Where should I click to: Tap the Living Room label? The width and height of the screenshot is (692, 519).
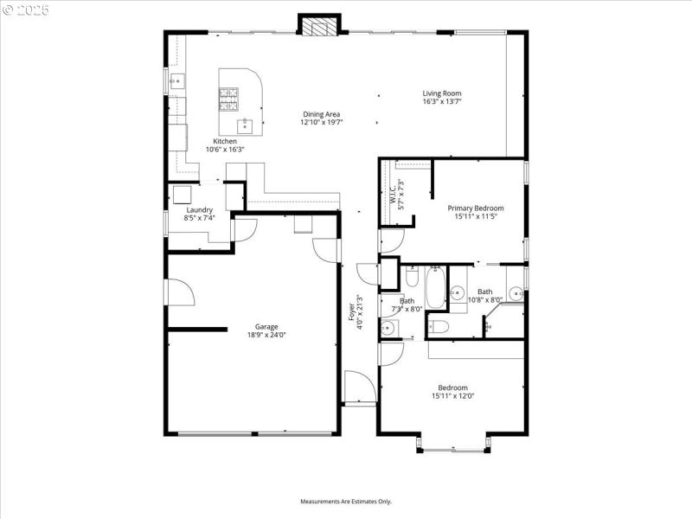(x=441, y=93)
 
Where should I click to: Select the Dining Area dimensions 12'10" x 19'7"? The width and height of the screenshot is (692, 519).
(x=321, y=123)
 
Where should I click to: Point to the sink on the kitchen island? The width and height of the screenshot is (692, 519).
(x=245, y=125)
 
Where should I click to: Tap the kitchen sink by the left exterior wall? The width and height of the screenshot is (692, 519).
(x=176, y=82)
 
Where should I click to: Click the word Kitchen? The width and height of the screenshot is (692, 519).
(x=225, y=141)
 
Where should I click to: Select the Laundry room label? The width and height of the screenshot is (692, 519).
(x=199, y=209)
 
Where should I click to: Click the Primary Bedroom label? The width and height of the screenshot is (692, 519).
(x=475, y=208)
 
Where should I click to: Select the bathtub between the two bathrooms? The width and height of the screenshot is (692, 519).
(x=436, y=288)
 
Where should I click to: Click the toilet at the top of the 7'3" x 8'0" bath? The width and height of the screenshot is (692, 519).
(x=412, y=278)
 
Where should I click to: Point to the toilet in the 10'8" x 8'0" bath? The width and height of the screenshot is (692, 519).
(x=439, y=327)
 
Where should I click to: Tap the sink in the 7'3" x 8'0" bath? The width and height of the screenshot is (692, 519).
(x=388, y=328)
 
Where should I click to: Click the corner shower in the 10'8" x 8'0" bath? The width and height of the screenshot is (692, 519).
(x=505, y=321)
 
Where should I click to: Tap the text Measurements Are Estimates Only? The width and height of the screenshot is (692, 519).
(x=346, y=502)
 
